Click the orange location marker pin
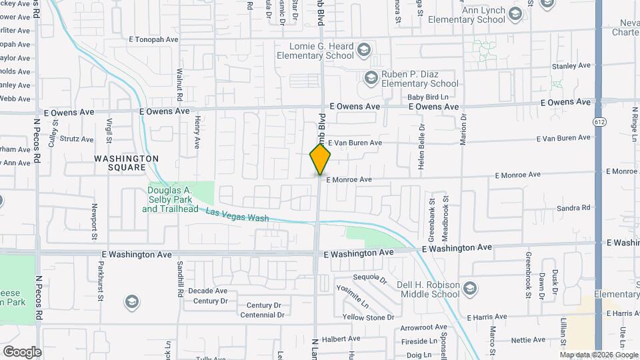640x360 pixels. [x=321, y=159]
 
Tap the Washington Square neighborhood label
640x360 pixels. [x=126, y=163]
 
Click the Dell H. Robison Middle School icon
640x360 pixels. [x=471, y=287]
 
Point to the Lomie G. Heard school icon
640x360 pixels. [x=363, y=50]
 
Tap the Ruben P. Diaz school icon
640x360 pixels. [x=370, y=79]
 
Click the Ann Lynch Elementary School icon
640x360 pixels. [x=515, y=14]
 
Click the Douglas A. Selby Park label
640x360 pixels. [x=170, y=199]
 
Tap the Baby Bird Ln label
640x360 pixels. [x=429, y=97]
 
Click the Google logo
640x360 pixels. [x=22, y=351]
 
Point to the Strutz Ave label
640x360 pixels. [x=77, y=139]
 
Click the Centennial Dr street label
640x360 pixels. [x=262, y=315]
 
